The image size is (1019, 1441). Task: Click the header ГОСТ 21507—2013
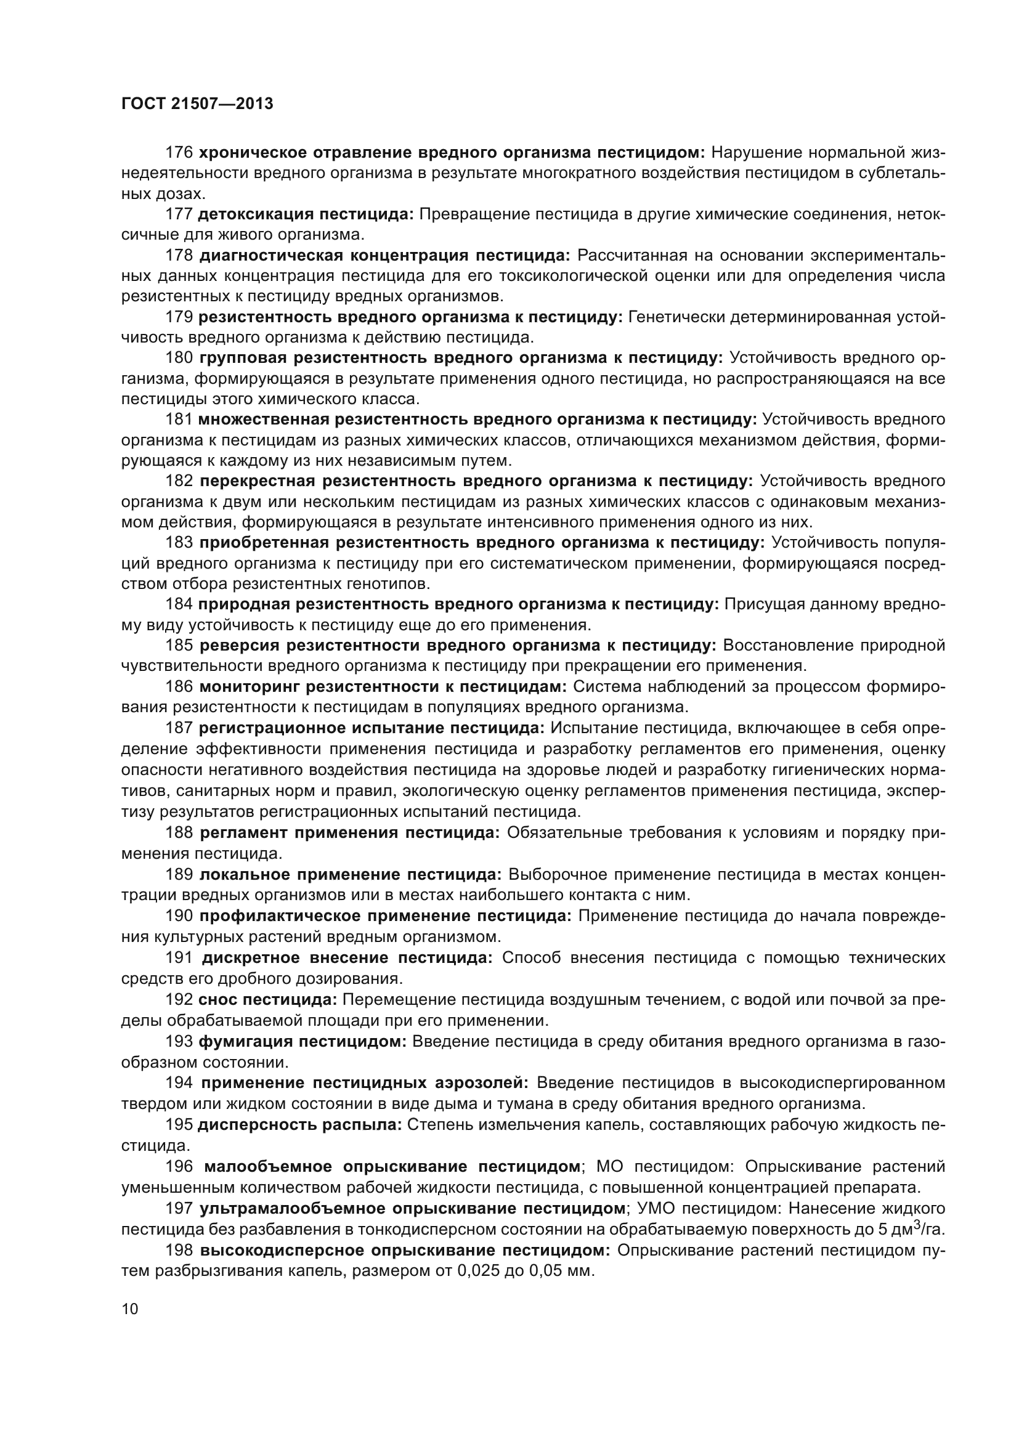click(x=197, y=104)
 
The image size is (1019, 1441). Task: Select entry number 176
click(x=179, y=153)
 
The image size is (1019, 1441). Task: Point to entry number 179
click(x=179, y=317)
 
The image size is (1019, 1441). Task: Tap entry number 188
click(x=179, y=833)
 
